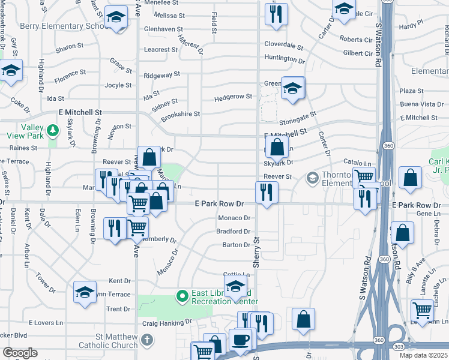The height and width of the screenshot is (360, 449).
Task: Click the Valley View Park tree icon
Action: point(53,130)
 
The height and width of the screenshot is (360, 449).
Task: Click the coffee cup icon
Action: point(240,339)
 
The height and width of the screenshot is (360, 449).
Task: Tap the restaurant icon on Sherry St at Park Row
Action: point(266,192)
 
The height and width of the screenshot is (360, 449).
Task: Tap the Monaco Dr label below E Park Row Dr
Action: point(234,218)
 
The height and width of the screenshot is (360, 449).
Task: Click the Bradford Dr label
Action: point(233,232)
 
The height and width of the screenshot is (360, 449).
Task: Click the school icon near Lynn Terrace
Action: point(85,292)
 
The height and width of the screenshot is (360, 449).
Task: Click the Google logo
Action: point(20,353)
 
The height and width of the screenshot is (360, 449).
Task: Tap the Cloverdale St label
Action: point(284,45)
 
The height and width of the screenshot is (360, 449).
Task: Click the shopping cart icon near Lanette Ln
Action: point(423,310)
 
